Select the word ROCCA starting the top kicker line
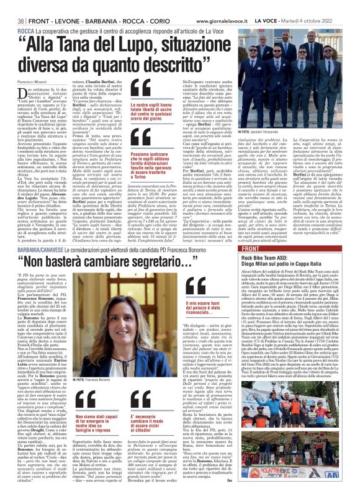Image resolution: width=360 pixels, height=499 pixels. tap(26, 30)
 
